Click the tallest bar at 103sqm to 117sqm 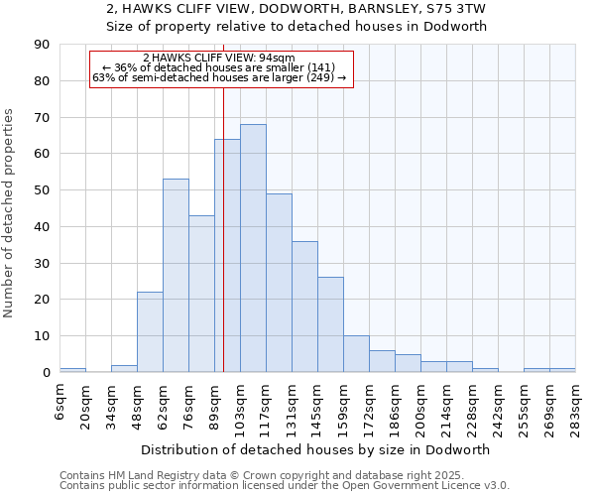click(253, 248)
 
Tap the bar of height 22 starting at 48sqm click(150, 332)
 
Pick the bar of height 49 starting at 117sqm click(279, 283)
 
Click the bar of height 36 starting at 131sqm click(304, 307)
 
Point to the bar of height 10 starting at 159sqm click(356, 354)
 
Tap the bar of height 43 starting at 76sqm click(201, 294)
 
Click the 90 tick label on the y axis click(42, 45)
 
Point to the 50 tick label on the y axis click(42, 190)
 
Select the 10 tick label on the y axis click(42, 336)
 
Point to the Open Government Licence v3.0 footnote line click(285, 486)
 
